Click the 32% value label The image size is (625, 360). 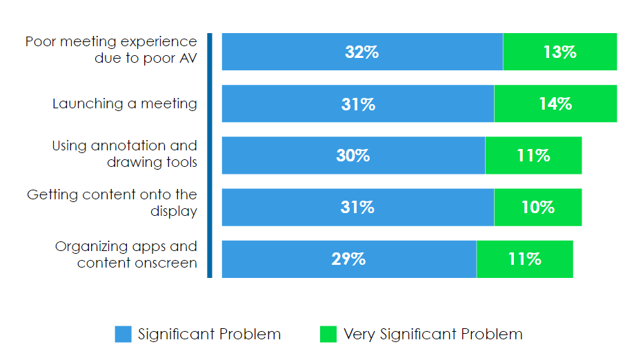pos(362,52)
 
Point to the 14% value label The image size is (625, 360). pos(555,104)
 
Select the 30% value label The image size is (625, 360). pos(353,156)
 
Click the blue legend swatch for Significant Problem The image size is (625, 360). pos(123,334)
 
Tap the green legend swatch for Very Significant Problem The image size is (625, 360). pos(328,334)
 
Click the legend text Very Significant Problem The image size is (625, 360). pos(433,334)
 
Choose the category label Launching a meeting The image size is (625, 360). pos(125,104)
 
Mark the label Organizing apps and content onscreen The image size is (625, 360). pos(126,254)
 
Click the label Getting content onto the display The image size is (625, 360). pos(112,203)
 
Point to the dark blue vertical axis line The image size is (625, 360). pos(210,155)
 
